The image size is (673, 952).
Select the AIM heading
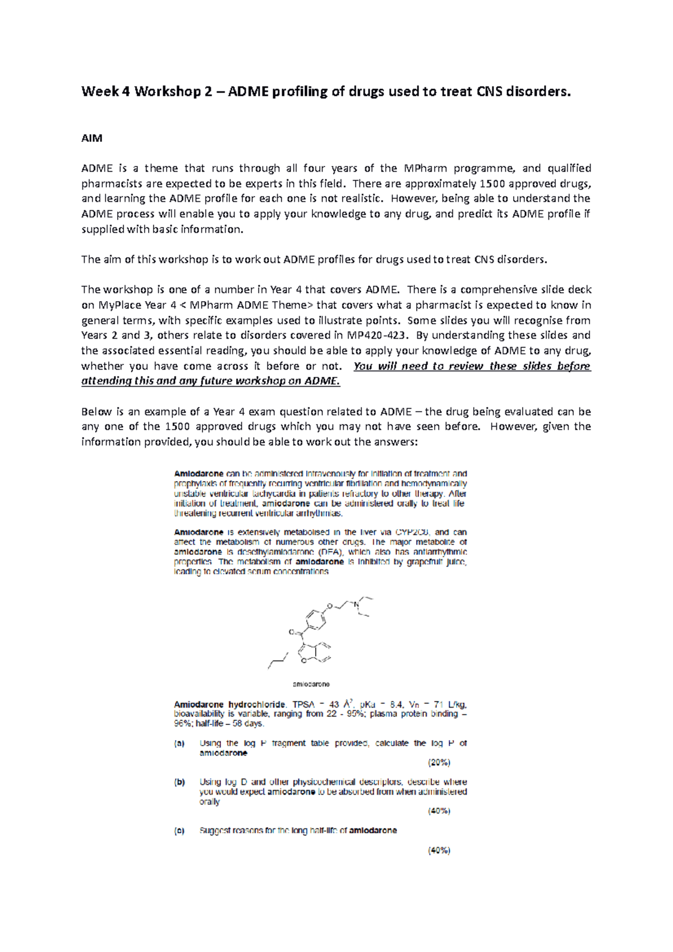(x=92, y=138)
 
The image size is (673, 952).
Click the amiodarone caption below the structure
(x=312, y=684)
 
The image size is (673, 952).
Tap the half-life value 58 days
(x=245, y=724)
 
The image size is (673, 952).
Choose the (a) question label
(x=179, y=743)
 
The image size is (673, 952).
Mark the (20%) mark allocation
(x=439, y=762)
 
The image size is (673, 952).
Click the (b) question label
(x=179, y=782)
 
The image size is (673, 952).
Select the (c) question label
(x=179, y=831)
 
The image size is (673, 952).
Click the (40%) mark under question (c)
(x=439, y=851)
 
